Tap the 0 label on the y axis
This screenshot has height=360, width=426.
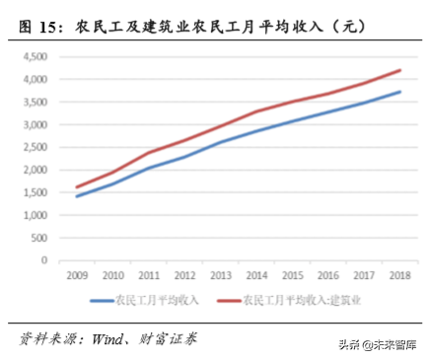point(45,260)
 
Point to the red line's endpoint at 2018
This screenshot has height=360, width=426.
point(400,70)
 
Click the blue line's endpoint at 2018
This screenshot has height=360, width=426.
point(400,92)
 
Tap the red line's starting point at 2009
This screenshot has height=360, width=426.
point(76,187)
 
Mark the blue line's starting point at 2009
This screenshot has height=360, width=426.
point(76,196)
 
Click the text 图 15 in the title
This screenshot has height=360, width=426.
point(38,28)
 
